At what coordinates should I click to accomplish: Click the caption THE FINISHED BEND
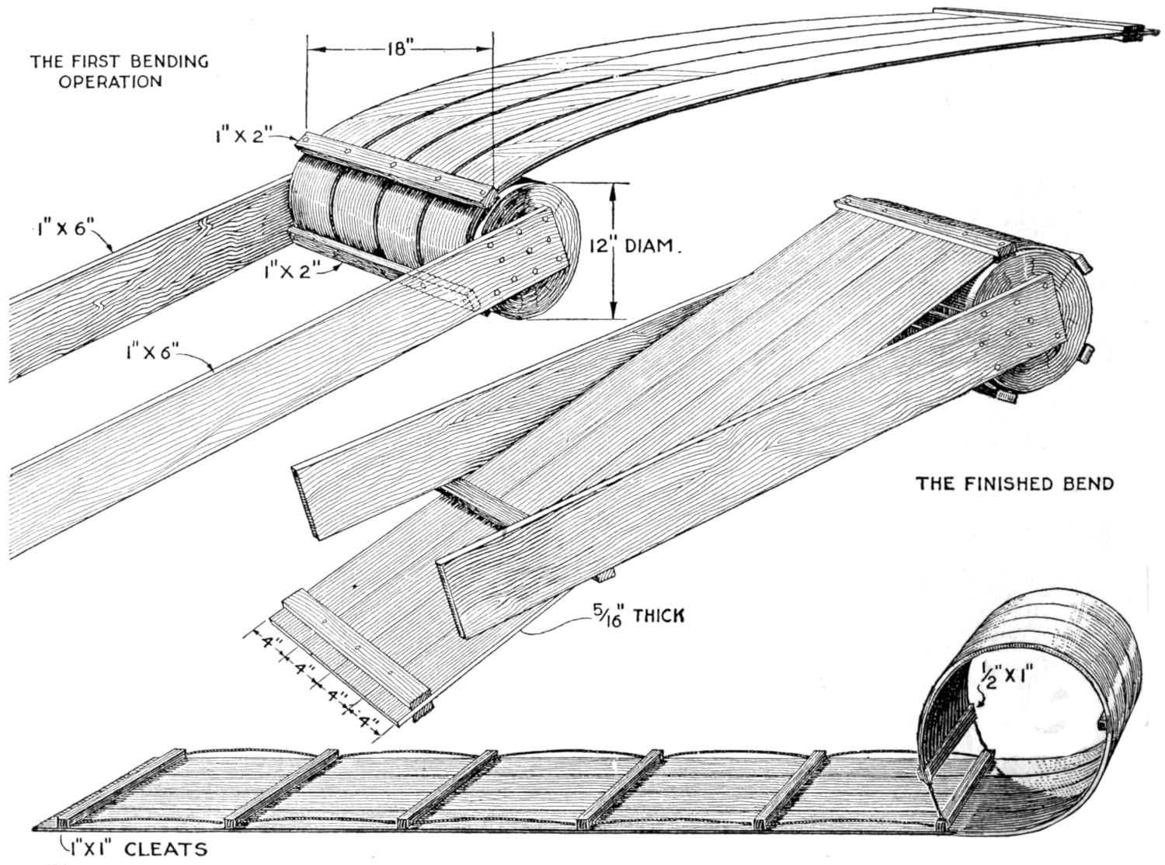point(1015,484)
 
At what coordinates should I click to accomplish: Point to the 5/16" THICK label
point(637,616)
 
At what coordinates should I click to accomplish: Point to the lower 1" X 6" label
point(151,353)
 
